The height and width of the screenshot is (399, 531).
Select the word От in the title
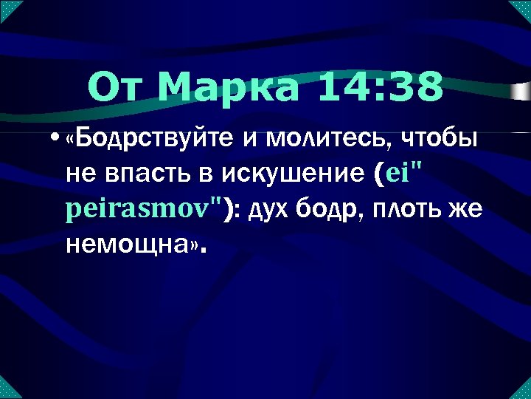[118, 88]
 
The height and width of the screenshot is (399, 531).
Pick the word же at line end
[465, 209]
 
